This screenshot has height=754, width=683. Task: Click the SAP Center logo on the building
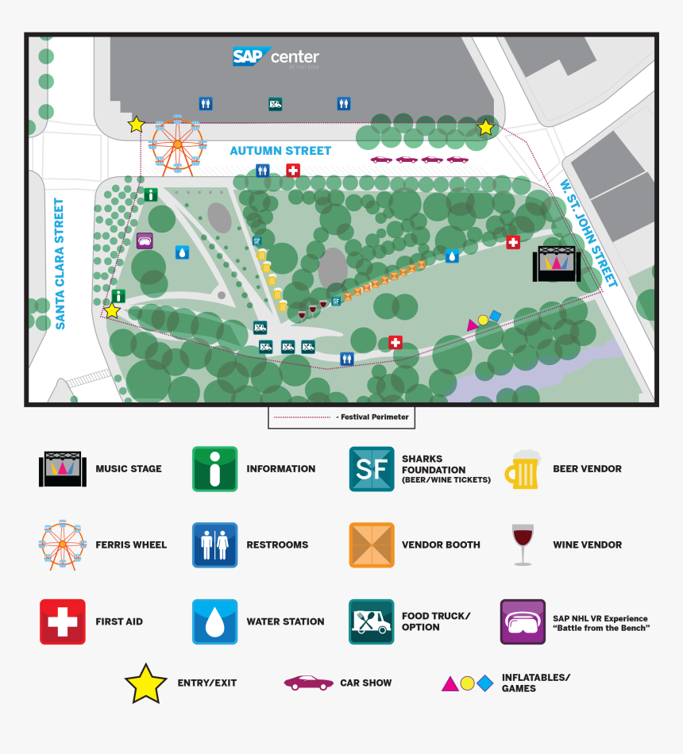[x=276, y=57]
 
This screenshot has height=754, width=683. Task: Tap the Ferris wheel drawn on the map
[x=176, y=144]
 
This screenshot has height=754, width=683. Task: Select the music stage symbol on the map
[x=556, y=264]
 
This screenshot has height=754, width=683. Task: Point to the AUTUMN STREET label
[x=280, y=151]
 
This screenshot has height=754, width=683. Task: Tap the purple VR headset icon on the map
[x=145, y=240]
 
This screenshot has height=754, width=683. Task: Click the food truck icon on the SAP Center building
[x=275, y=103]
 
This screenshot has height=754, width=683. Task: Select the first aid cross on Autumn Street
[x=292, y=170]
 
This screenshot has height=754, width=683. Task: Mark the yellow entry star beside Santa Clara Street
[x=113, y=310]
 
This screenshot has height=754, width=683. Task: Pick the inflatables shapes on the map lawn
[x=484, y=320]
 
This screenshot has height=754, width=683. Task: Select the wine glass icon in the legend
[x=523, y=544]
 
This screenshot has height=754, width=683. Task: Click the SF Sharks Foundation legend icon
[x=371, y=469]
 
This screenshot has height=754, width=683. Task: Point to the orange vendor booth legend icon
[x=371, y=545]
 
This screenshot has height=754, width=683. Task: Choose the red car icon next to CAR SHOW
[x=308, y=683]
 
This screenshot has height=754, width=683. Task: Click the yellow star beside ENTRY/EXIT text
[x=146, y=683]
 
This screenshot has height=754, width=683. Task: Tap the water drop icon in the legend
[x=214, y=621]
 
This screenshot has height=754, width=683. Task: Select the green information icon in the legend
[x=214, y=469]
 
